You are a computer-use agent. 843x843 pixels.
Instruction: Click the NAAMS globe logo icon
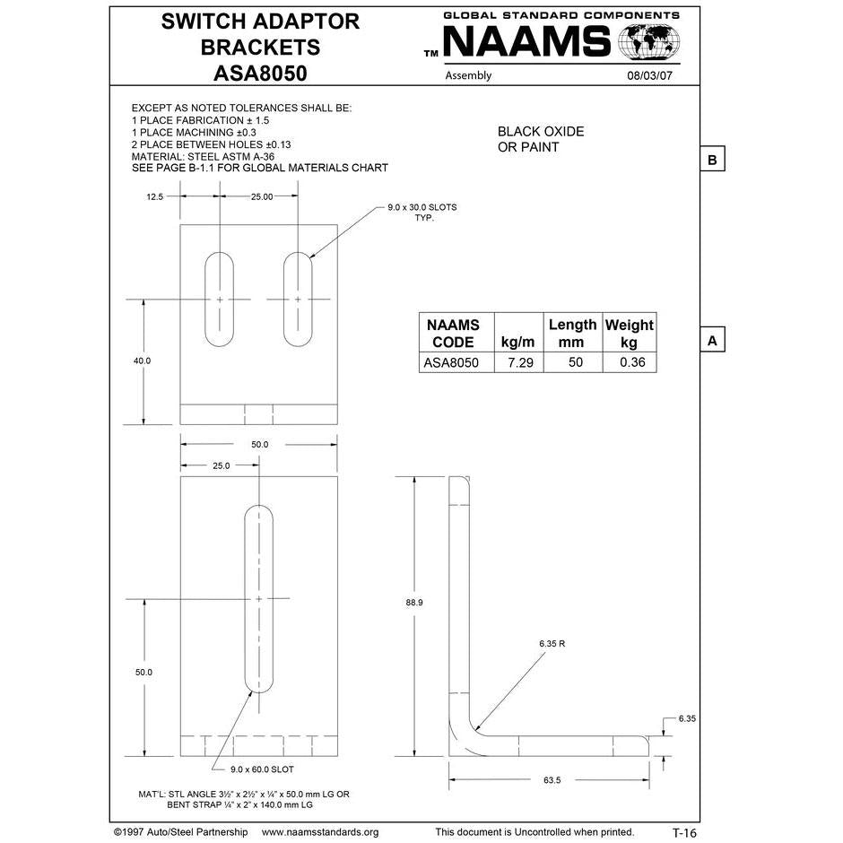pyautogui.click(x=650, y=42)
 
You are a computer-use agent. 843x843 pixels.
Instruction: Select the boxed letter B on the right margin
pyautogui.click(x=711, y=160)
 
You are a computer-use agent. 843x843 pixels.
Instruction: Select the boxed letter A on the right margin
pyautogui.click(x=711, y=341)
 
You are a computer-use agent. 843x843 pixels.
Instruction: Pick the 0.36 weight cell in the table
pyautogui.click(x=629, y=363)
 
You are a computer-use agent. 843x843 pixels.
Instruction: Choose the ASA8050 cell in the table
pyautogui.click(x=453, y=363)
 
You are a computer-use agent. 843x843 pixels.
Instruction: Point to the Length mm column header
pyautogui.click(x=572, y=333)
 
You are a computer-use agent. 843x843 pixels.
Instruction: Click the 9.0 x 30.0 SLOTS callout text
pyautogui.click(x=421, y=213)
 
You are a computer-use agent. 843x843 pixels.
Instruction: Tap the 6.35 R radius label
pyautogui.click(x=552, y=644)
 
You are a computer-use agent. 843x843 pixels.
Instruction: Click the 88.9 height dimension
pyautogui.click(x=414, y=603)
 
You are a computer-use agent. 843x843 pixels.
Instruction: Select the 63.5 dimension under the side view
pyautogui.click(x=551, y=780)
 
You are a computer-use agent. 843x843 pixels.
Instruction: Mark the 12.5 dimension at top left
pyautogui.click(x=154, y=196)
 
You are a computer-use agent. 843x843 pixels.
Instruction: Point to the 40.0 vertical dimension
pyautogui.click(x=143, y=361)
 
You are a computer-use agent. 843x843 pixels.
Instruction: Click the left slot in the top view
pyautogui.click(x=220, y=299)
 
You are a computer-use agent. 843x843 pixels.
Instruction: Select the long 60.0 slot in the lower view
pyautogui.click(x=259, y=596)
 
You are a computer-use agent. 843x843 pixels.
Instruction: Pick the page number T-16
pyautogui.click(x=684, y=832)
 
